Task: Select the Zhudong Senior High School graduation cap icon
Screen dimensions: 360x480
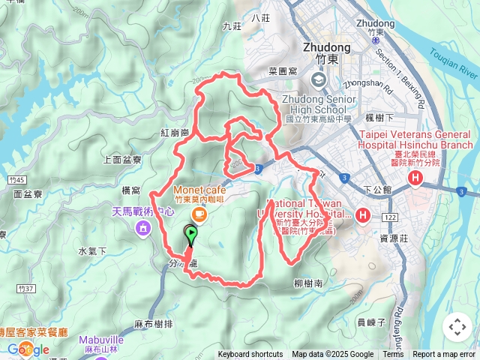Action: point(319,79)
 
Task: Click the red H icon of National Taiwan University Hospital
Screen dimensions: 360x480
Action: point(363,216)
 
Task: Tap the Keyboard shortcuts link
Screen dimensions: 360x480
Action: point(250,355)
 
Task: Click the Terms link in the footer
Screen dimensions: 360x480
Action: point(393,355)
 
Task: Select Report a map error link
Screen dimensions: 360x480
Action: point(444,355)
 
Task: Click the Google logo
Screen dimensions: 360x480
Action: point(28,349)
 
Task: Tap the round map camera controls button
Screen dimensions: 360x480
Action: point(457,327)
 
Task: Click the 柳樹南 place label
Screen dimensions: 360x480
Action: point(308,283)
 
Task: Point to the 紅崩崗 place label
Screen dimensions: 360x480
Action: point(174,132)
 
